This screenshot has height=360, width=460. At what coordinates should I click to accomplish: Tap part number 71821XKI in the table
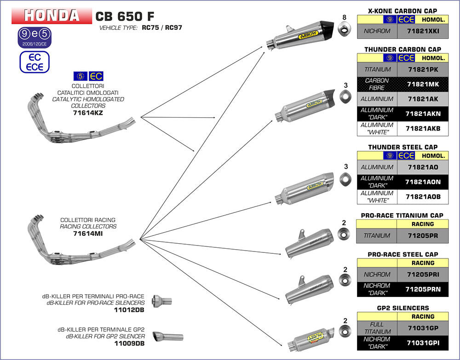pyautogui.click(x=423, y=32)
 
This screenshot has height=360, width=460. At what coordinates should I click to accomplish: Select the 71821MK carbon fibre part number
pyautogui.click(x=423, y=84)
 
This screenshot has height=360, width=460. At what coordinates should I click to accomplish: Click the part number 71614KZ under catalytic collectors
pyautogui.click(x=88, y=112)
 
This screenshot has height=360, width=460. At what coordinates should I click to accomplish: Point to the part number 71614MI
pyautogui.click(x=88, y=234)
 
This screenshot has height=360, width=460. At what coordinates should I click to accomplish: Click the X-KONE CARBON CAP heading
pyautogui.click(x=402, y=11)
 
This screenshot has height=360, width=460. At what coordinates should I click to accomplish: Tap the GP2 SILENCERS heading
pyautogui.click(x=402, y=308)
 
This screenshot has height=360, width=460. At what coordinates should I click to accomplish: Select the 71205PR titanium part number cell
pyautogui.click(x=423, y=236)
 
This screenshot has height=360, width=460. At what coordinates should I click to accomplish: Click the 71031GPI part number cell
pyautogui.click(x=423, y=343)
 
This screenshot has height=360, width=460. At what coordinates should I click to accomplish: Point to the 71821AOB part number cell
pyautogui.click(x=423, y=197)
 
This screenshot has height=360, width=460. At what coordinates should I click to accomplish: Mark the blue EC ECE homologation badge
pyautogui.click(x=34, y=62)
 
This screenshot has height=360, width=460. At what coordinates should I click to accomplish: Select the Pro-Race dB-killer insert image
pyautogui.click(x=161, y=301)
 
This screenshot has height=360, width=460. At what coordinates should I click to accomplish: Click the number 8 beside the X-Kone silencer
pyautogui.click(x=344, y=18)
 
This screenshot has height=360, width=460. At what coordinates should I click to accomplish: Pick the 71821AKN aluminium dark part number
pyautogui.click(x=423, y=114)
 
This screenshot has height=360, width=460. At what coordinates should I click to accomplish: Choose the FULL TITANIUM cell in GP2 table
pyautogui.click(x=377, y=328)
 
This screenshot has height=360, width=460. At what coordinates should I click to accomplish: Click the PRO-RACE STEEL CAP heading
pyautogui.click(x=402, y=254)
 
